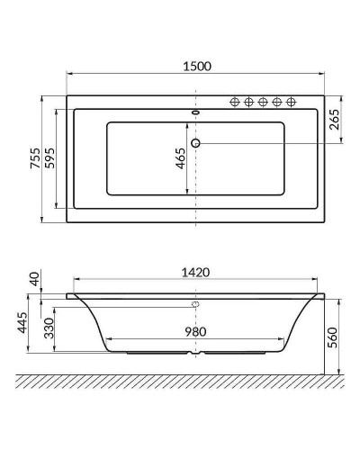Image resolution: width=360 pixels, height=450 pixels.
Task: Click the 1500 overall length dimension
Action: point(194,66)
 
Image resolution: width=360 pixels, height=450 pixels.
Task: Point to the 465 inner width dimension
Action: point(181,160)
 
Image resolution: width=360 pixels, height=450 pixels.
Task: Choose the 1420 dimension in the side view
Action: point(194,272)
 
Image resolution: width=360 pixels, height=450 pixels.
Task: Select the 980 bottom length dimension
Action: point(194,331)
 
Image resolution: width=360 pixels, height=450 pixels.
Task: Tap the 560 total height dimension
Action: point(332,338)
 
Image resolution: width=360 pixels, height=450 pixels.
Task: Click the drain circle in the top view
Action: point(195,144)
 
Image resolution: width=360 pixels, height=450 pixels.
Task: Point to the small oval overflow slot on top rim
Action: point(195,113)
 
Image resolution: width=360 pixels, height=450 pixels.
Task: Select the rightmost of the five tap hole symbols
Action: point(291,103)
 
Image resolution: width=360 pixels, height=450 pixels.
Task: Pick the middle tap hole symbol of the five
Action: point(265,103)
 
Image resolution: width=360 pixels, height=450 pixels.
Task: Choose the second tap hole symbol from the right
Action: point(277,103)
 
